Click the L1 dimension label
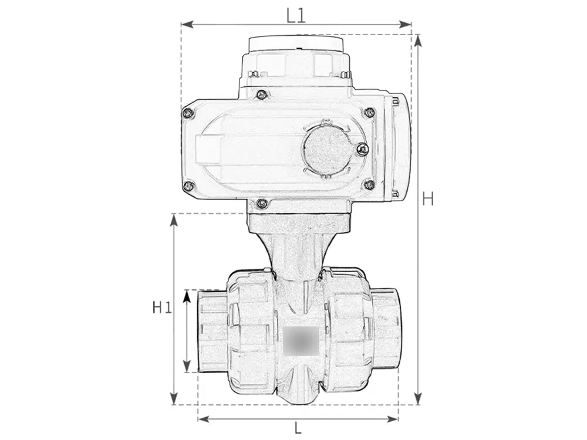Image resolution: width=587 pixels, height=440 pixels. click(296, 15)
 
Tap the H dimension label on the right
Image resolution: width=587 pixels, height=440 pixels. click(427, 199)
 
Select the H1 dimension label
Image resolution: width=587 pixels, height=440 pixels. click(162, 307)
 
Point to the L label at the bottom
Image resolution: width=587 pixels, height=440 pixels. click(298, 428)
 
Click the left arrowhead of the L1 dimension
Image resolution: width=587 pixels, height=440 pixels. click(187, 25)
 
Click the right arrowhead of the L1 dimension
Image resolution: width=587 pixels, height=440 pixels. click(406, 25)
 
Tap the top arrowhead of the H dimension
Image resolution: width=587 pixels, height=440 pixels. click(419, 40)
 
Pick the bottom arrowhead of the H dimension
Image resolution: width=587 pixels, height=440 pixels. click(419, 398)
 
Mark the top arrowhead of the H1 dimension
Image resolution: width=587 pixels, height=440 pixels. click(173, 220)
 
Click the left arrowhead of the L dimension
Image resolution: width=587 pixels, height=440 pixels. click(204, 419)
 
